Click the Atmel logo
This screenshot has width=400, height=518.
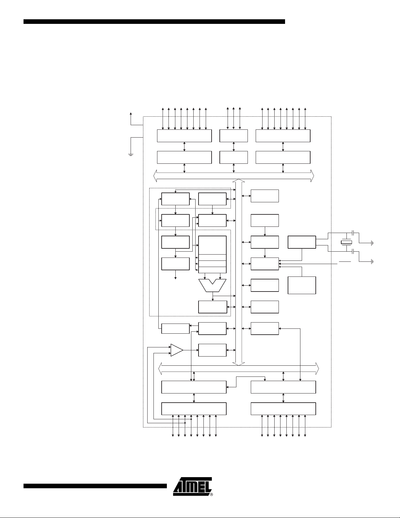click(x=192, y=486)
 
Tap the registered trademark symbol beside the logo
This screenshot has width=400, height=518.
click(x=212, y=494)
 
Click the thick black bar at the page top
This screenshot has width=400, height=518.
click(x=154, y=22)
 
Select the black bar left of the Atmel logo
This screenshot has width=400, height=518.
click(x=95, y=486)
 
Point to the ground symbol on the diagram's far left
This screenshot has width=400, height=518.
click(x=131, y=155)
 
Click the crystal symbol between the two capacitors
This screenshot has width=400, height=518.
click(x=346, y=242)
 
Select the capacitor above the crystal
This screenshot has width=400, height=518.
click(x=354, y=232)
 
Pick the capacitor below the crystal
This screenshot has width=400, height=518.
click(x=354, y=252)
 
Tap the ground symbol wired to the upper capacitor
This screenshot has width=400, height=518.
click(x=372, y=243)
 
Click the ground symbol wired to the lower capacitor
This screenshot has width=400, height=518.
click(x=372, y=262)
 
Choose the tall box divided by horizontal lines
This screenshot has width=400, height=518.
click(x=212, y=254)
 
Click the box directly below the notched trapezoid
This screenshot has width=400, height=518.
click(x=213, y=307)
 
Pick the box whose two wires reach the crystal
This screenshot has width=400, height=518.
click(x=302, y=242)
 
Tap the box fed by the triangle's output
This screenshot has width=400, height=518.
click(x=212, y=350)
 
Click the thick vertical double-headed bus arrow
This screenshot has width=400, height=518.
click(x=239, y=272)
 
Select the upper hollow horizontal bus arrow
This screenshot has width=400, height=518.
click(x=234, y=176)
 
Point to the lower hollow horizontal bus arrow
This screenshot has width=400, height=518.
click(x=239, y=369)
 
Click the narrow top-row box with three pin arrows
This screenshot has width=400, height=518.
click(x=233, y=136)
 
